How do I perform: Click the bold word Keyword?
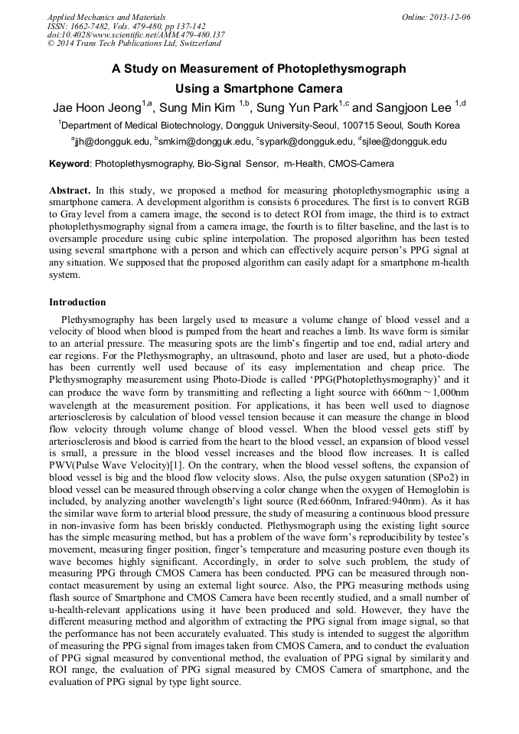(69, 164)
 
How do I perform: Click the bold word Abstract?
(70, 190)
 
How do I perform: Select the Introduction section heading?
(77, 302)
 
